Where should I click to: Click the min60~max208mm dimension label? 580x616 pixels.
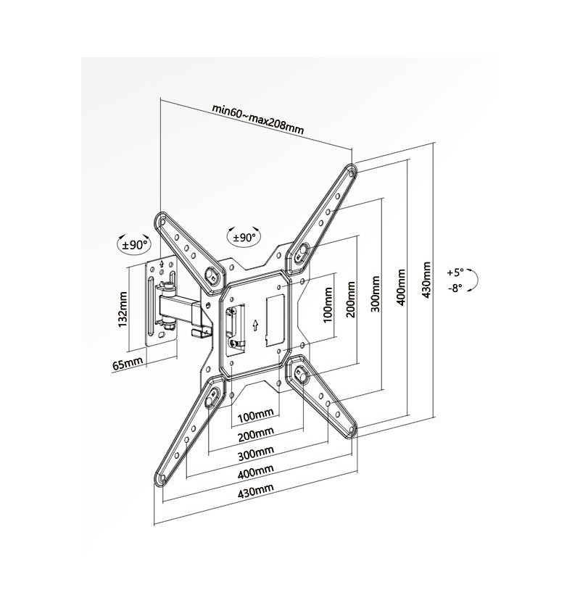click(258, 119)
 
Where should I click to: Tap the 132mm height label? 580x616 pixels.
click(123, 309)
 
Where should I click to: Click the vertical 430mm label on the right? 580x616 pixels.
click(426, 280)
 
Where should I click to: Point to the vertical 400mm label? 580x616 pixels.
click(401, 287)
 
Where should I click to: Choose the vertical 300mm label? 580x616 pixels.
click(376, 294)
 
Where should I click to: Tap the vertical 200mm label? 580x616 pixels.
click(351, 299)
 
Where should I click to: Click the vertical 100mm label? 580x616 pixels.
click(327, 305)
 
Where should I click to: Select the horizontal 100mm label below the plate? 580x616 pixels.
click(256, 415)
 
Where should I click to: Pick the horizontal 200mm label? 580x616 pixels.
click(256, 433)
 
